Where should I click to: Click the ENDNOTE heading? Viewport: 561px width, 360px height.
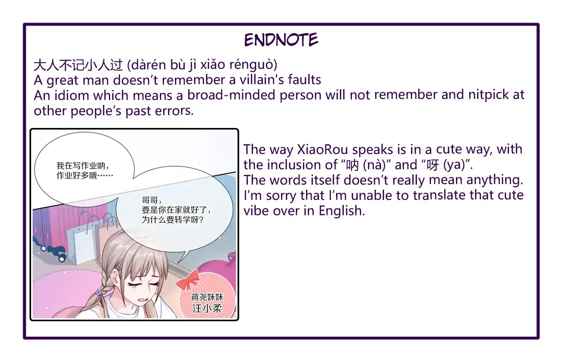281,40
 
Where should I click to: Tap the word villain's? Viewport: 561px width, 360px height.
262,80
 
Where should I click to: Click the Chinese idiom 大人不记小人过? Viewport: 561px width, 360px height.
79,65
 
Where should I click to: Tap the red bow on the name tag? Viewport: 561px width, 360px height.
188,279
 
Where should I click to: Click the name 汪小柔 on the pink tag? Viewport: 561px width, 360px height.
208,308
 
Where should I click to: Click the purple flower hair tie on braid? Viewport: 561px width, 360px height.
98,292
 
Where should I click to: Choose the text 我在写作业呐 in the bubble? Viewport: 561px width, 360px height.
82,166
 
